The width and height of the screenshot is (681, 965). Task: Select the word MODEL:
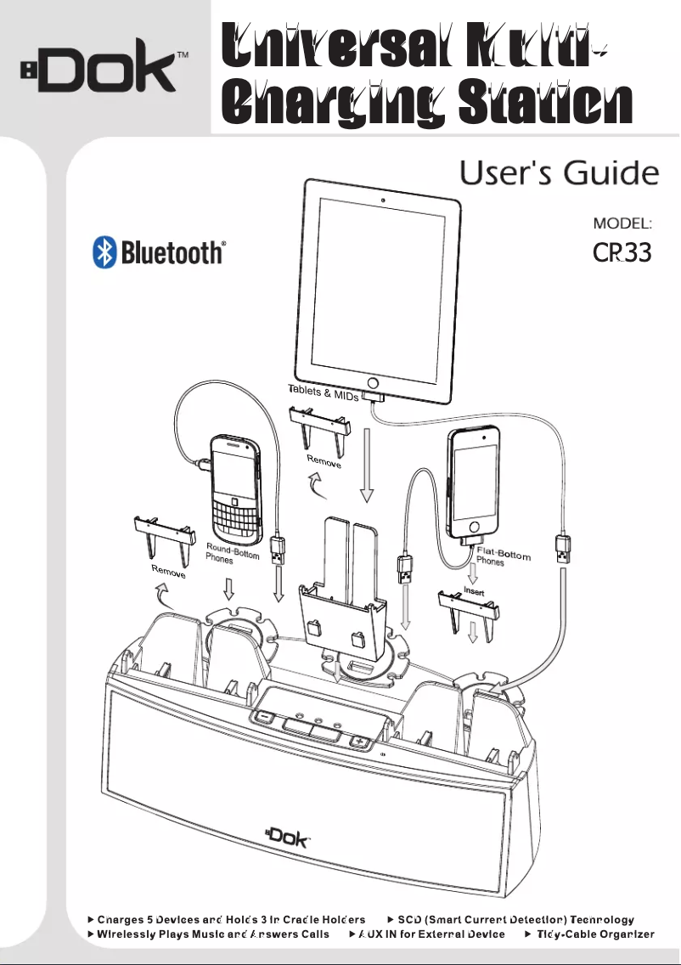point(622,223)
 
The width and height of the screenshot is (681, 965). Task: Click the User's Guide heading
point(559,174)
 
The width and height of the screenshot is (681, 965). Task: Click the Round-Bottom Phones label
point(232,553)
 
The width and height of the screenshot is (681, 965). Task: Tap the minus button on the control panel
point(265,714)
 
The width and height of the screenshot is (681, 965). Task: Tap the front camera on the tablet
point(383,200)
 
